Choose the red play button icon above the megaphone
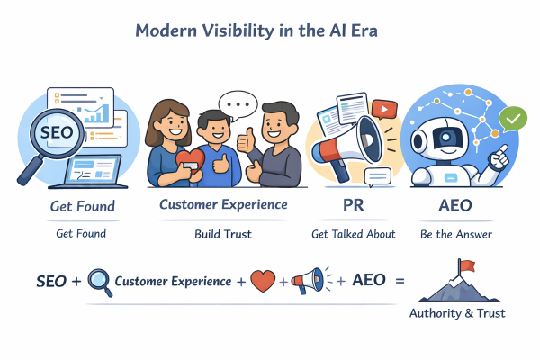[x=384, y=110]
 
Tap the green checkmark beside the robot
[x=514, y=119]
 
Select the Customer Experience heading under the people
[x=223, y=204]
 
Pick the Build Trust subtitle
[x=223, y=233]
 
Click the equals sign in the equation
[x=399, y=281]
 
